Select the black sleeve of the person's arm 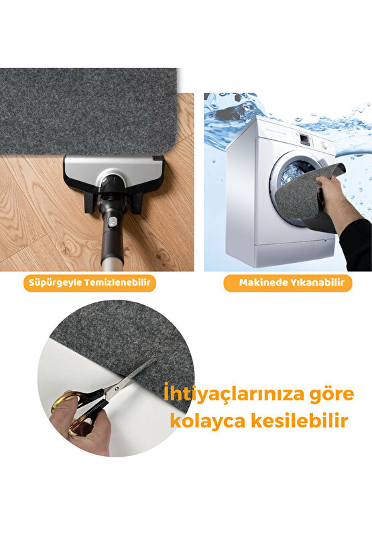tap(356, 245)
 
